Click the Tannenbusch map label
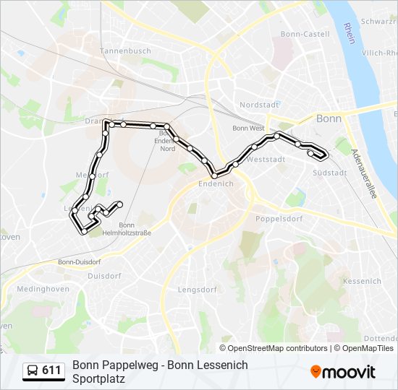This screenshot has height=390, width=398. pyautogui.click(x=125, y=51)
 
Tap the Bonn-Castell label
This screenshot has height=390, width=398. pyautogui.click(x=305, y=34)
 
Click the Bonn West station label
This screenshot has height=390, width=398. pyautogui.click(x=248, y=128)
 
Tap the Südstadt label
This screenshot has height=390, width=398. pyautogui.click(x=330, y=173)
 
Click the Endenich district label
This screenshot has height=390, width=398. pyautogui.click(x=216, y=183)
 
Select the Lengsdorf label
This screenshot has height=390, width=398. pyautogui.click(x=197, y=290)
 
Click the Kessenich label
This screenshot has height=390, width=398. pyautogui.click(x=362, y=281)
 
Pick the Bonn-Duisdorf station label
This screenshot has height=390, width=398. pyautogui.click(x=79, y=261)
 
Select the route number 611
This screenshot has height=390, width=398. pyautogui.click(x=51, y=371)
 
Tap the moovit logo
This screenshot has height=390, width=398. pyautogui.click(x=343, y=372)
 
